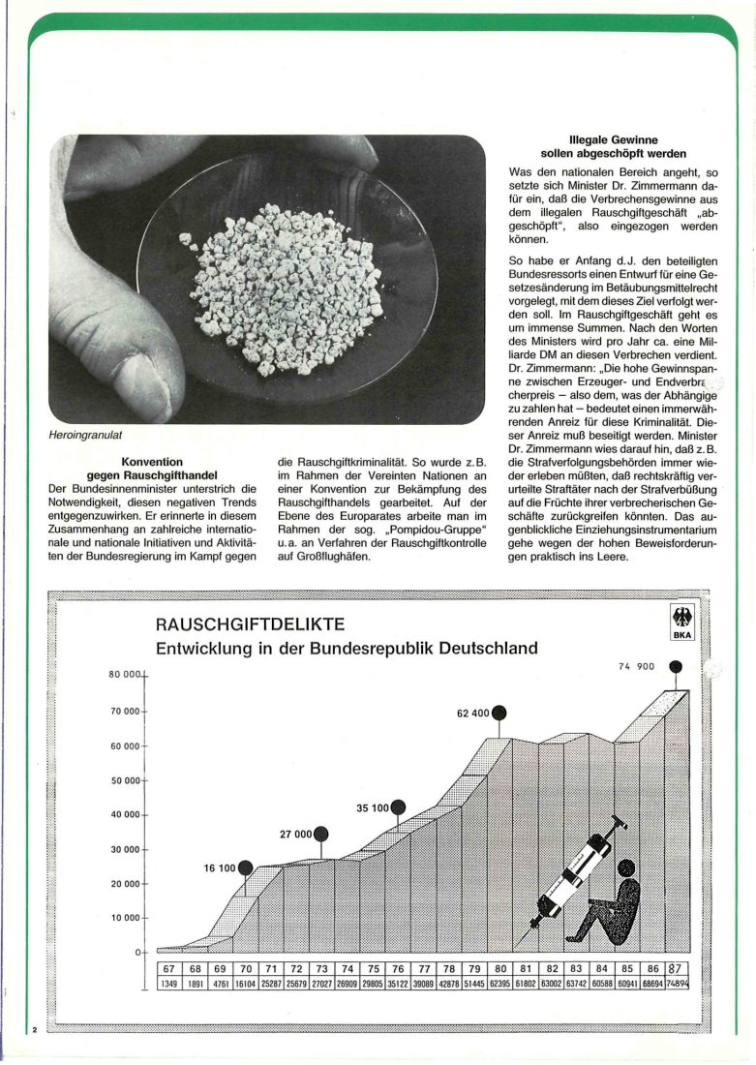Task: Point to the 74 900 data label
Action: pos(638,666)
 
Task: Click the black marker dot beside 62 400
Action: pos(499,714)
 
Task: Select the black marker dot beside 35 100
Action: pos(397,806)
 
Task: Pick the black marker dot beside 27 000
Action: pos(321,834)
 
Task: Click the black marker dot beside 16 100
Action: pos(246,867)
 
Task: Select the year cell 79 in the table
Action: pos(474,968)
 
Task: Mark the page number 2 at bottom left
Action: pos(35,1029)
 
